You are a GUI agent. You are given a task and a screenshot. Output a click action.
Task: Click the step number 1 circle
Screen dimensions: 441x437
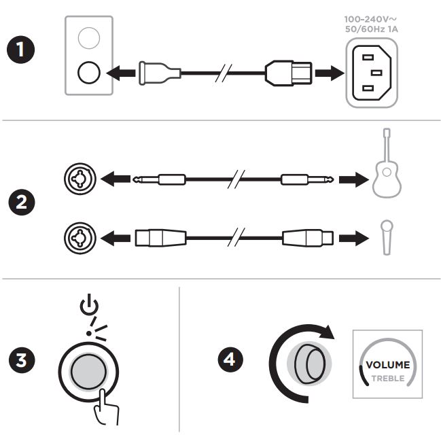pos(20,50)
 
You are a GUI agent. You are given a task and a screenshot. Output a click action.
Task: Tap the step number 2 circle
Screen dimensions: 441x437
pos(21,202)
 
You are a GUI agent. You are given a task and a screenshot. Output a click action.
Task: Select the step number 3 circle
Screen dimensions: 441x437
pos(21,360)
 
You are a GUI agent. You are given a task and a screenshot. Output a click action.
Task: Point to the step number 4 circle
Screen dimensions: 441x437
pos(230,360)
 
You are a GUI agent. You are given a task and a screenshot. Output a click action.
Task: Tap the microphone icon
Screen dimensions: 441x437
pos(387,238)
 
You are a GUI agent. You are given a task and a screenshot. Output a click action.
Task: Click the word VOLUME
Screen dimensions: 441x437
pos(387,365)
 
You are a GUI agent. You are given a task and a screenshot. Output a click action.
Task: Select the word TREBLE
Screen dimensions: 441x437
pos(388,379)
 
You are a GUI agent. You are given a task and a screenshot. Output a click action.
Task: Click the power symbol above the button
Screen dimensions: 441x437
pos(89,304)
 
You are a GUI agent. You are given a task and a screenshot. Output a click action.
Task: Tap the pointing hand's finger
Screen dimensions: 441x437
pos(102,400)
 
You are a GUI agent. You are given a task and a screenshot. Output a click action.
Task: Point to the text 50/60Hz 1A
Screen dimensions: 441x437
pos(371,29)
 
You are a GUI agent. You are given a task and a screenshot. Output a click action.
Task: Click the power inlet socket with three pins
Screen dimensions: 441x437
pos(372,73)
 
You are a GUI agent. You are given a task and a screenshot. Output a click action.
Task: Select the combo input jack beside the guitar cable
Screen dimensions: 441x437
pos(80,179)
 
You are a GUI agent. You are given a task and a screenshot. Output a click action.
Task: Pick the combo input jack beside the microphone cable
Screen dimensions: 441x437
pos(80,238)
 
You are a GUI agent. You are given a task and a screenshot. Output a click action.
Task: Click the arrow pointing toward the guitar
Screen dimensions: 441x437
pos(354,179)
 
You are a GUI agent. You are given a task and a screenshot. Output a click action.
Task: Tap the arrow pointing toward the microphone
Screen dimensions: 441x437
pos(354,238)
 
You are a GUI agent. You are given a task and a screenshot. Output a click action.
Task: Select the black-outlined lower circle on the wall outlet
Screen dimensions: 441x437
pos(89,73)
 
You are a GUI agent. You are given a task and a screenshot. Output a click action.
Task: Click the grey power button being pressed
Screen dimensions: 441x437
pos(88,372)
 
